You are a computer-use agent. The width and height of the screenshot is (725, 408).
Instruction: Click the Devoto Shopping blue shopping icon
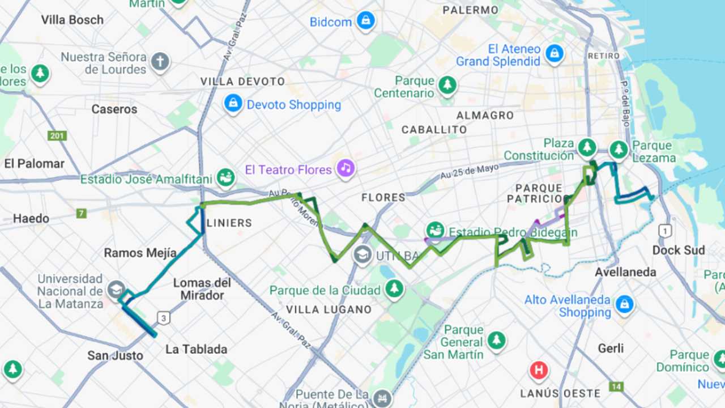click(x=233, y=103)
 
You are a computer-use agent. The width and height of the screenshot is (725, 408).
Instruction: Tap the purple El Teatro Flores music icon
click(x=345, y=168)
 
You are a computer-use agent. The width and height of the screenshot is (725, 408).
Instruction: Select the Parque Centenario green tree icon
click(x=447, y=86)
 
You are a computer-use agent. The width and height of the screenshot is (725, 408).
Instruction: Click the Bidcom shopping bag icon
click(x=366, y=21)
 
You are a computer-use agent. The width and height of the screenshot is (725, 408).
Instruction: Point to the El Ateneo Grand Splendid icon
click(x=554, y=54)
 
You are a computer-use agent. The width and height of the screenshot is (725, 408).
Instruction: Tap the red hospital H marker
click(x=539, y=371)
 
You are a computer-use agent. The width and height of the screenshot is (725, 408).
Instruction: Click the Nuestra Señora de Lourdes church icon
click(x=160, y=61)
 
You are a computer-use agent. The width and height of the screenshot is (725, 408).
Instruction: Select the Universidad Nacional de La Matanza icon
click(x=116, y=290)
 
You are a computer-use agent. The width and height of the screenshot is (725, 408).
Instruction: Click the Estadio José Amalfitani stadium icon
click(x=226, y=177)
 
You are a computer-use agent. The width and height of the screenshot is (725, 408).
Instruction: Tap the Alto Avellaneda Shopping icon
click(x=624, y=304)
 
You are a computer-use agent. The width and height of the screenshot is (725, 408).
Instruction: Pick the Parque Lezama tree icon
click(x=619, y=150)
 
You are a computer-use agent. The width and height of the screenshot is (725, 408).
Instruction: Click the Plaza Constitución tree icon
click(x=587, y=147)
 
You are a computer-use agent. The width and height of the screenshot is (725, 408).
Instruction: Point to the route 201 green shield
click(x=57, y=136)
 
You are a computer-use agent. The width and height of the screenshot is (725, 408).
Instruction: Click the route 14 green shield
click(x=616, y=386)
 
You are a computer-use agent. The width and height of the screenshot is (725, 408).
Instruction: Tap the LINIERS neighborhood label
click(x=229, y=223)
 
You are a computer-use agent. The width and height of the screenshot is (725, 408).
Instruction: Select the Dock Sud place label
click(x=679, y=250)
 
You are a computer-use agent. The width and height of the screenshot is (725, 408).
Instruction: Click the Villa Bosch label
click(x=72, y=20)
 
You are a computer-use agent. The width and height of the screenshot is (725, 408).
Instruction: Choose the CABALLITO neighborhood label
click(x=434, y=130)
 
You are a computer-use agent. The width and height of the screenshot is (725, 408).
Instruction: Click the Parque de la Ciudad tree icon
click(x=394, y=289)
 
